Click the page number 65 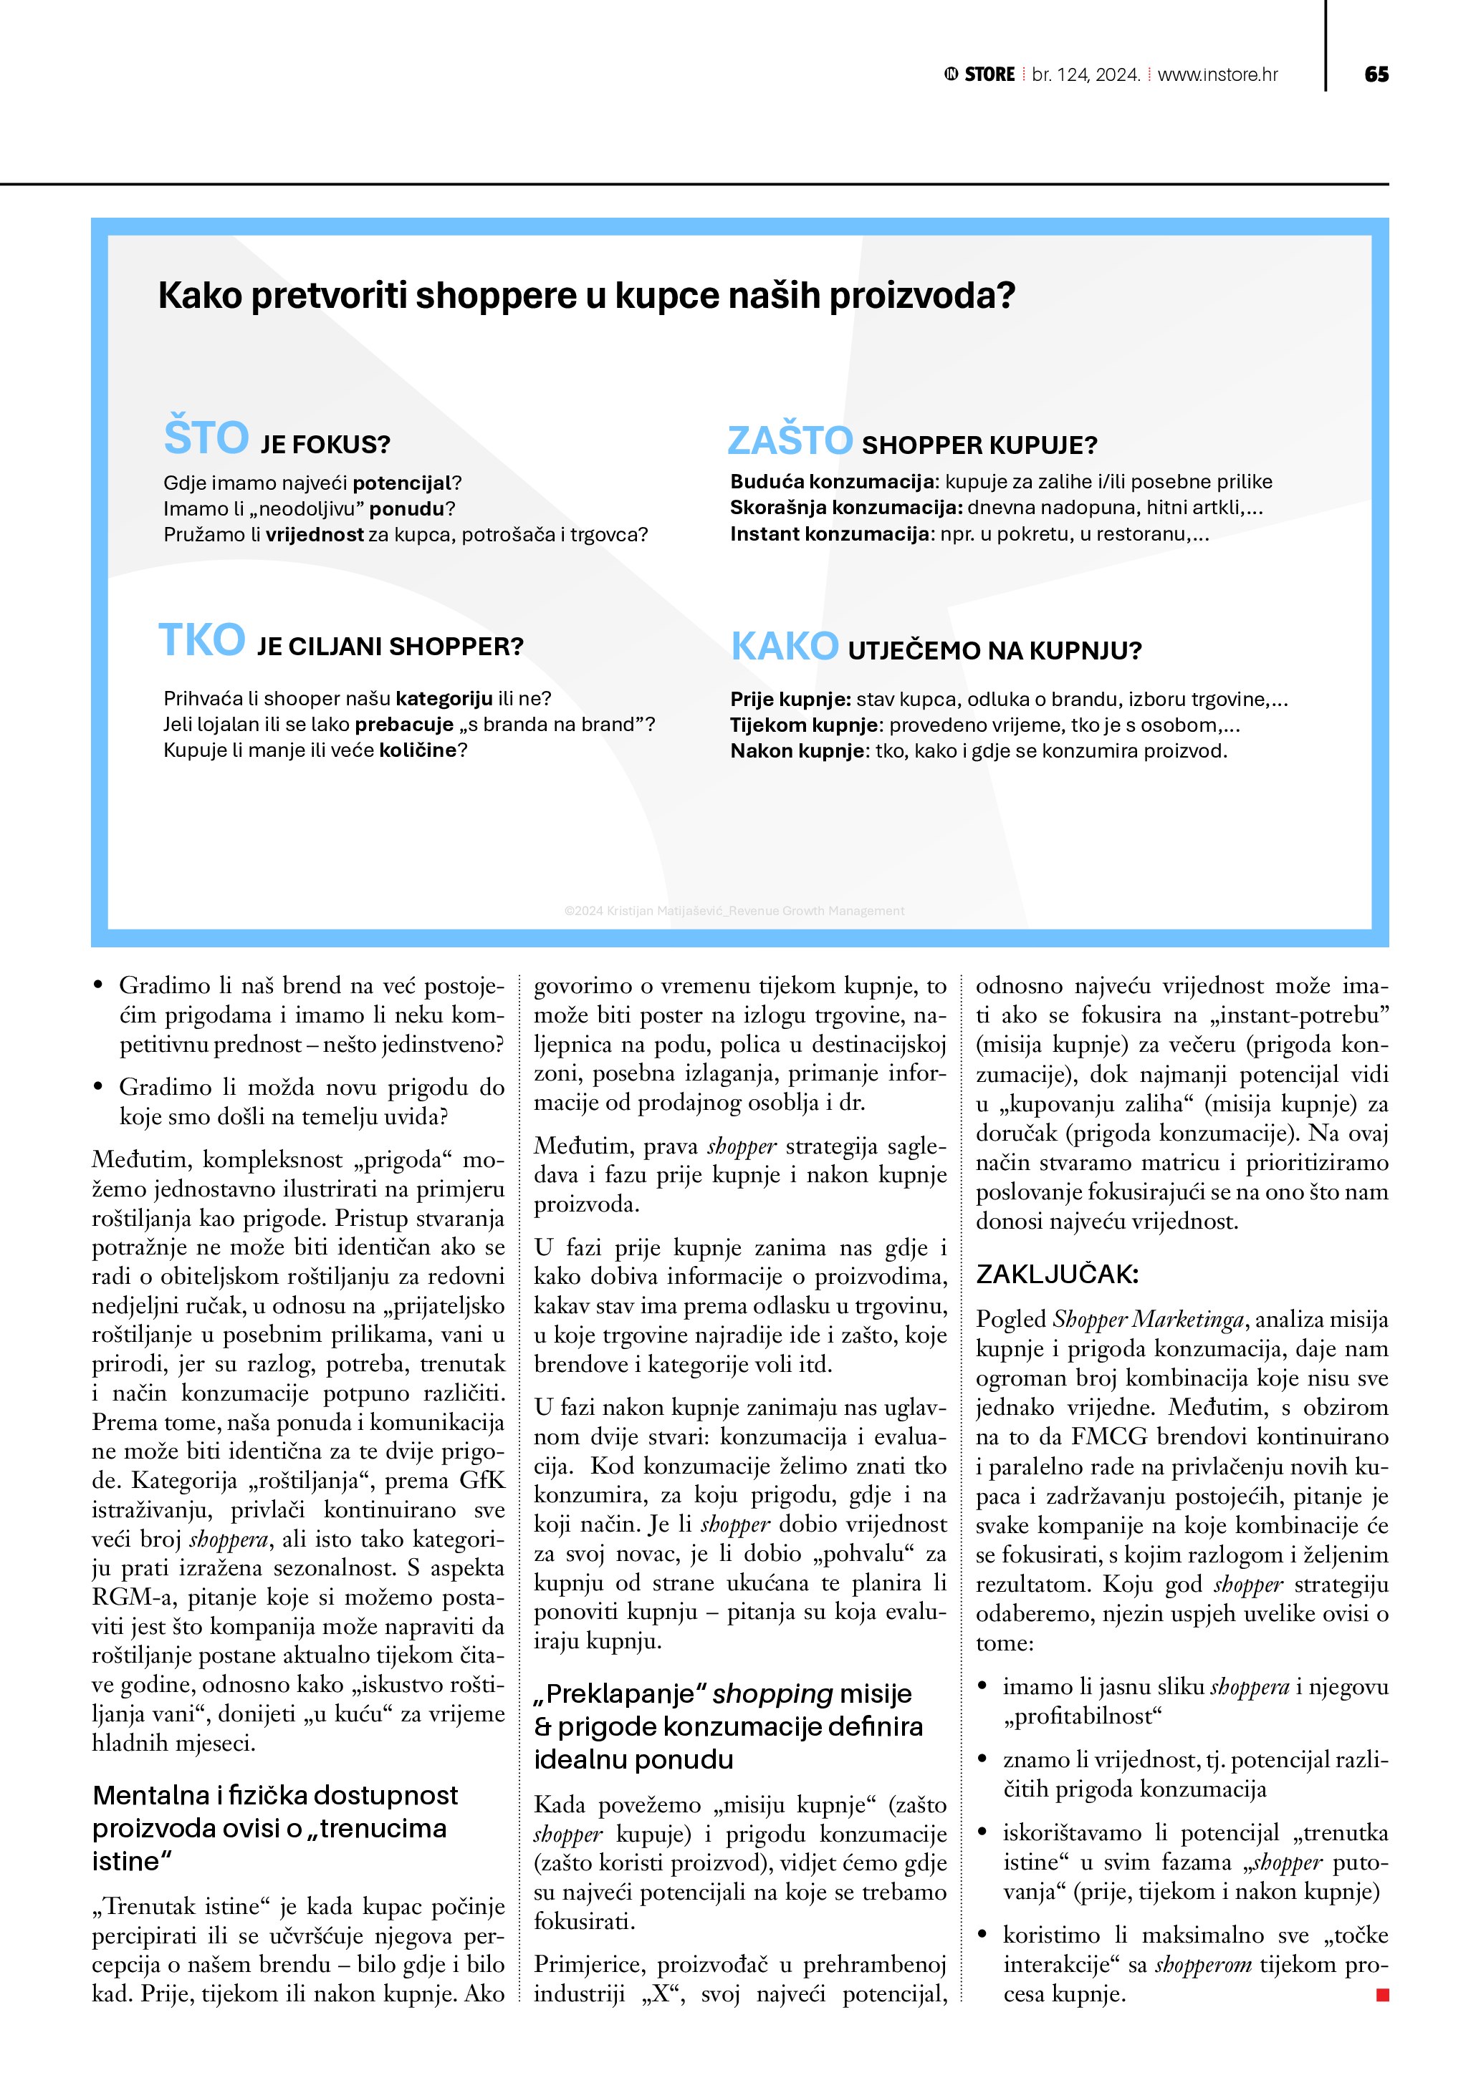point(1376,74)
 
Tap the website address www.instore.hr point(1217,74)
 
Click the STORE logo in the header point(979,74)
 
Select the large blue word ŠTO point(206,438)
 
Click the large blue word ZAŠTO point(790,441)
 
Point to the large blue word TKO point(201,640)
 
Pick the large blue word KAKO point(785,647)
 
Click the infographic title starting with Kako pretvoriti point(586,295)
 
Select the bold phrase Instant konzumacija point(829,534)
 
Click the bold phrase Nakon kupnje point(799,751)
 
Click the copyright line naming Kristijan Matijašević point(734,911)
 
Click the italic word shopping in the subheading point(772,1693)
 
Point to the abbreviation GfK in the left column point(481,1480)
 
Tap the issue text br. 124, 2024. point(1085,74)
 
